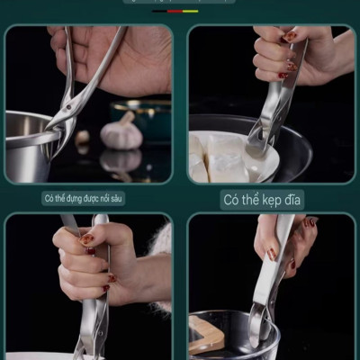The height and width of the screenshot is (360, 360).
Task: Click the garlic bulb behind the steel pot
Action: click(x=121, y=133)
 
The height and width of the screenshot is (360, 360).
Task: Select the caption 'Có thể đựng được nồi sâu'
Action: click(x=88, y=198)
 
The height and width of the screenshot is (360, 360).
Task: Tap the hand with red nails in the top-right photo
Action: click(x=275, y=54)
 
